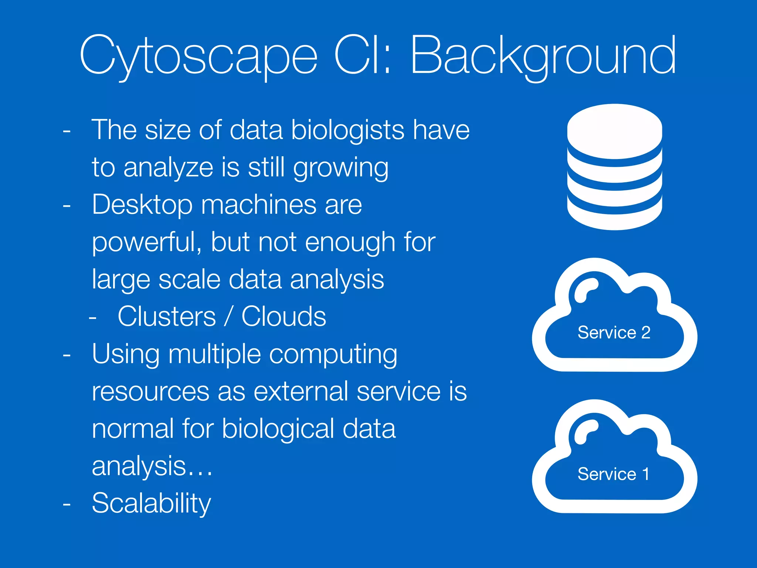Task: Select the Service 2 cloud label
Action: [x=614, y=332]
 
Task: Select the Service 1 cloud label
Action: [x=614, y=474]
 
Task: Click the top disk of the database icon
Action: [x=614, y=129]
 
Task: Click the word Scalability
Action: [x=151, y=504]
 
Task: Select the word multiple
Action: [x=214, y=354]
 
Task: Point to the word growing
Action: [x=340, y=168]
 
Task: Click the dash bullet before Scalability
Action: [x=67, y=504]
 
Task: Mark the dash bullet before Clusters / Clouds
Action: [x=93, y=317]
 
